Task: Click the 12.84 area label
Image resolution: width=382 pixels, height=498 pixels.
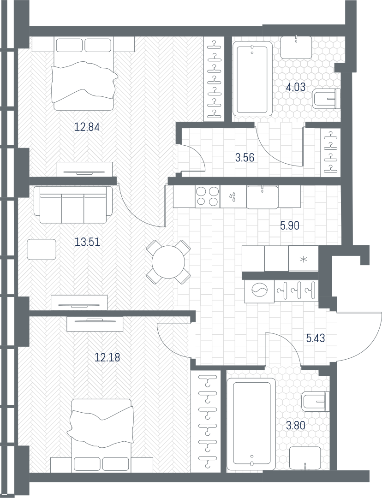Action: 87,127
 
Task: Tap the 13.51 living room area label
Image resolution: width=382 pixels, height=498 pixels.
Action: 87,243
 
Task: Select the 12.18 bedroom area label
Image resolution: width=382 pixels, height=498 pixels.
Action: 107,358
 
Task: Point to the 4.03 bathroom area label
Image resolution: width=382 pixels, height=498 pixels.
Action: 296,87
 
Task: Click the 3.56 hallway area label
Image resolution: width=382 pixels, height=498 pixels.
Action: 245,157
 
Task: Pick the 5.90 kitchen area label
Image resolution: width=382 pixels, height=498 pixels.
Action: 290,226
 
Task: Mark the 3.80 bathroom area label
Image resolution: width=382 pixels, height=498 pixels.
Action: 296,425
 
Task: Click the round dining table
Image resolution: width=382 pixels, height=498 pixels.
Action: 168,262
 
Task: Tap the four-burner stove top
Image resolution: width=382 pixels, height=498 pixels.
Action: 208,196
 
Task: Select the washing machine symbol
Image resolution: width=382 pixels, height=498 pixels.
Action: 259,291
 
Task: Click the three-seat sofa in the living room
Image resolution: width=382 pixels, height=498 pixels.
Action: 73,205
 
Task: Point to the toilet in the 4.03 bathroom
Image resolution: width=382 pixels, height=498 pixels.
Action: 326,99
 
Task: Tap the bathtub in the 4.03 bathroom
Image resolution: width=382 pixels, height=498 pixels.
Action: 252,79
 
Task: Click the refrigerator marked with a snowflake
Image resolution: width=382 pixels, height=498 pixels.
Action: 303,259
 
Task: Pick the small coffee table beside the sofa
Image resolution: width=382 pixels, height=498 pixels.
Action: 42,249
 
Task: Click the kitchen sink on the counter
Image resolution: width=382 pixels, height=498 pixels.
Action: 262,197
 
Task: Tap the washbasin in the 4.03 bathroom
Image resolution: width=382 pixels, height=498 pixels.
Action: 296,47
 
